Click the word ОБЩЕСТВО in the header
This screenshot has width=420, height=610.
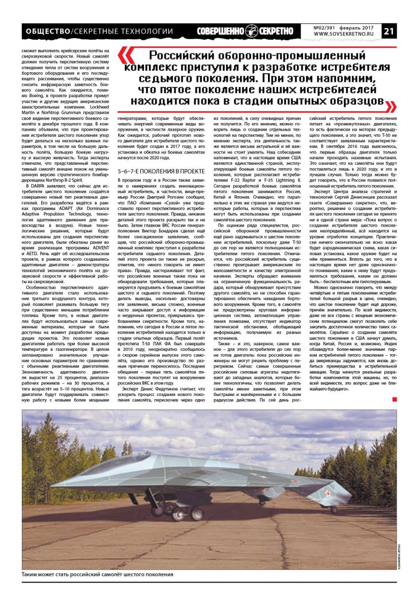tap(47, 32)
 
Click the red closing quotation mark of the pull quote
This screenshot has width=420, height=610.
tap(391, 105)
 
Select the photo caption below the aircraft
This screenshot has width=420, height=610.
tap(97, 574)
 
